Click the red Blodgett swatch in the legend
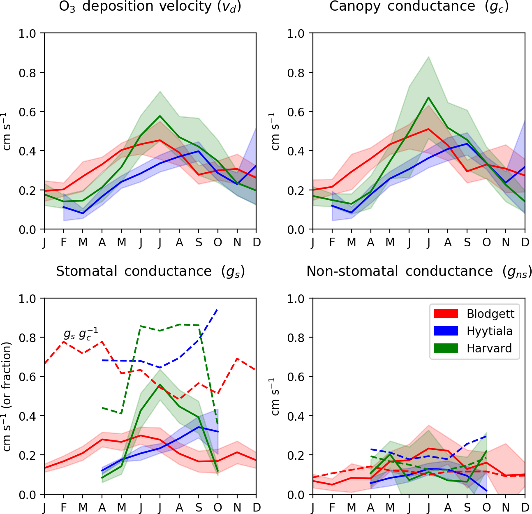(446, 314)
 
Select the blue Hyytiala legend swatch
(446, 331)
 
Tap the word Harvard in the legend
(489, 348)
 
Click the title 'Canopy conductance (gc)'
(419, 7)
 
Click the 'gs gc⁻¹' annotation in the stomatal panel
(81, 334)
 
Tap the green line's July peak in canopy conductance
(428, 97)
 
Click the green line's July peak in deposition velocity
(160, 116)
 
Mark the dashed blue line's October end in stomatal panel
(217, 309)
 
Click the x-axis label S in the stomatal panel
(199, 507)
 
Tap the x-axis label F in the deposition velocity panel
(63, 242)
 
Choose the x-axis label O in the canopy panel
(486, 242)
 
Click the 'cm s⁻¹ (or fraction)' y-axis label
(7, 396)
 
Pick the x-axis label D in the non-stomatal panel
(525, 507)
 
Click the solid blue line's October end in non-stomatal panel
(486, 491)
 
